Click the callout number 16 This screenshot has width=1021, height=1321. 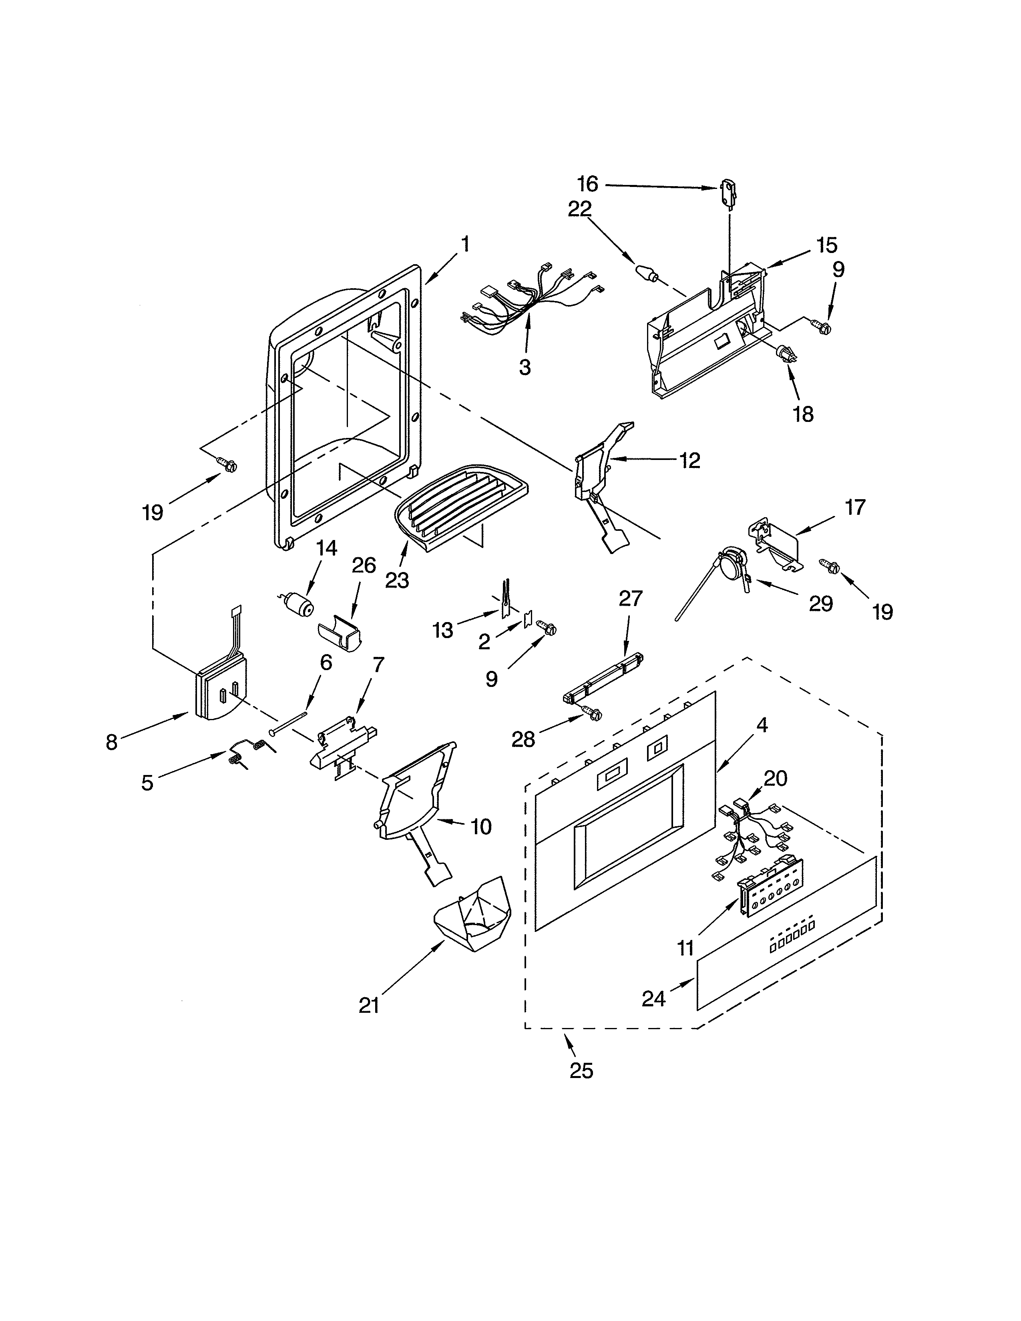click(x=587, y=183)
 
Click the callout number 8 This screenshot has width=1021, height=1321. click(x=111, y=742)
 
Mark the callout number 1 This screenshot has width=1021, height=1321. click(x=464, y=244)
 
